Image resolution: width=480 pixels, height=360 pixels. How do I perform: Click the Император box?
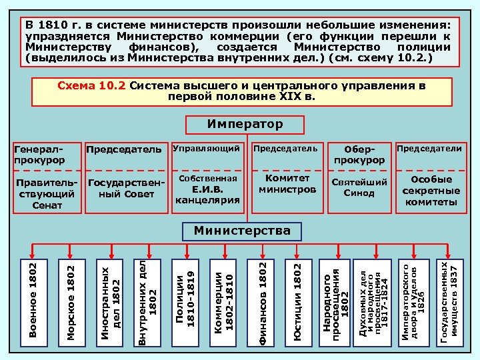(245, 125)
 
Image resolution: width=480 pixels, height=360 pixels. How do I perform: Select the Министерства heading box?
(242, 231)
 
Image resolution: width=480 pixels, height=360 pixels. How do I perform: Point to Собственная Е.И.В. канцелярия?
(207, 190)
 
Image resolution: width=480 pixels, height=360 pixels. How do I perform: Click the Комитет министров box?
(287, 185)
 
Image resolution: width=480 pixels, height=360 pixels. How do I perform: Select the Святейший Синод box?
(359, 187)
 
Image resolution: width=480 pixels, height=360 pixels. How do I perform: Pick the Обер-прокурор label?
(359, 155)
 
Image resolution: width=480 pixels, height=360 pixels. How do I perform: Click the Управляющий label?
(207, 148)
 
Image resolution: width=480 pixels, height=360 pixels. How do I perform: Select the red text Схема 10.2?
(93, 86)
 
